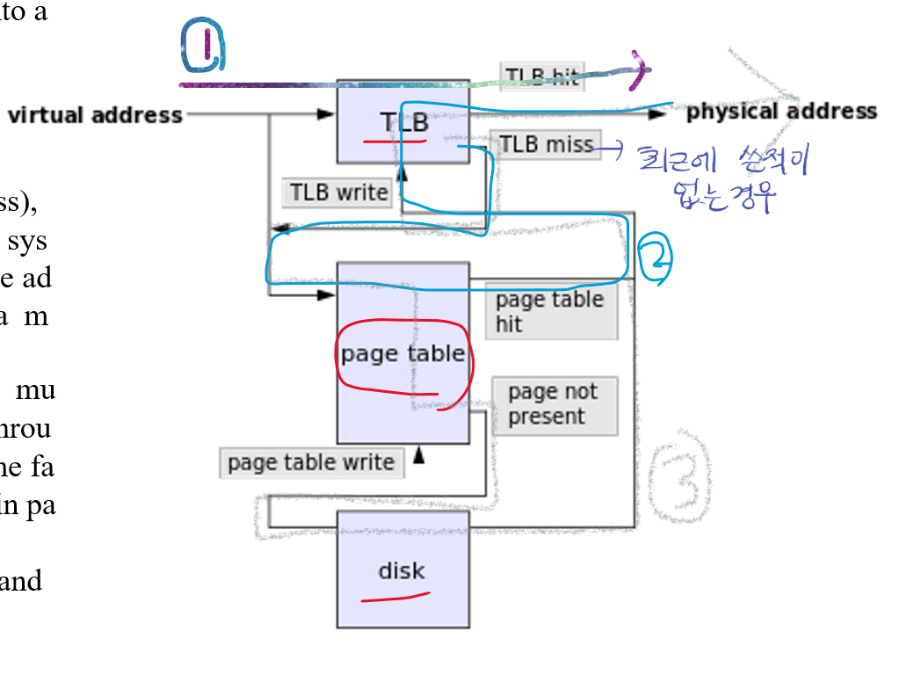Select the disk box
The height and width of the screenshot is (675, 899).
point(402,570)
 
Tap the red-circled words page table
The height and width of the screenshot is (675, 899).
point(403,354)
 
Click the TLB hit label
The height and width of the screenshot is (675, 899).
point(542,76)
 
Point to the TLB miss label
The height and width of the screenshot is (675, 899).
point(546,144)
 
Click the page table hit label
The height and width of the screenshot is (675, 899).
point(551,311)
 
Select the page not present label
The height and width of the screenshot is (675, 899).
point(554,405)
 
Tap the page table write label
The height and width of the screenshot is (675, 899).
point(311,462)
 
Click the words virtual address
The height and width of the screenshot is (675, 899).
point(95,115)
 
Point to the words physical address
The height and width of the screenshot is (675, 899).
point(781,112)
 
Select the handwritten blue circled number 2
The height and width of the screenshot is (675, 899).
point(656,258)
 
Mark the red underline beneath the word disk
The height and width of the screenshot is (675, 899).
point(395,599)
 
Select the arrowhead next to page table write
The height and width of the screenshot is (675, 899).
point(418,454)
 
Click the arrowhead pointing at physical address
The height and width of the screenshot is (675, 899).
point(657,113)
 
